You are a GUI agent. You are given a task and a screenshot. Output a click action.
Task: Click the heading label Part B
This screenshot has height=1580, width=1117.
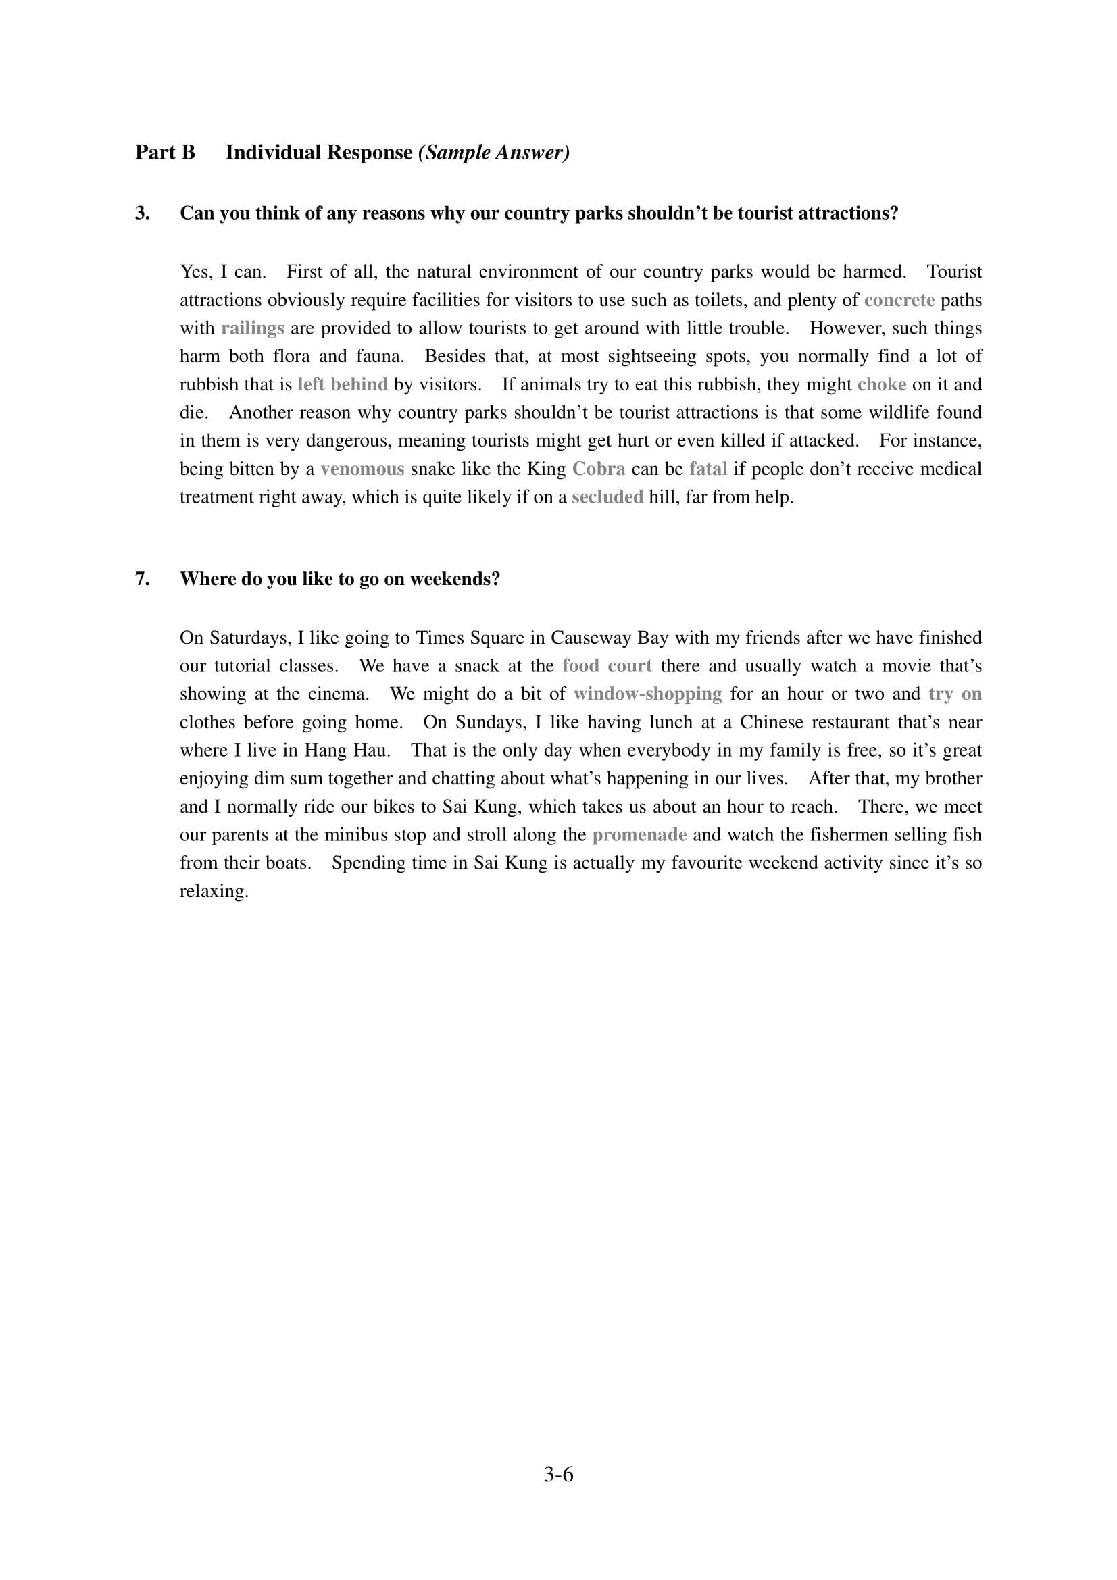coord(164,152)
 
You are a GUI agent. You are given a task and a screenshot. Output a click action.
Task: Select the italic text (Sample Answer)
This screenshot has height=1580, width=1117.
coord(493,152)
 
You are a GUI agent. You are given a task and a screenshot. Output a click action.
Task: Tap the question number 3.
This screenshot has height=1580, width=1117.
coord(142,213)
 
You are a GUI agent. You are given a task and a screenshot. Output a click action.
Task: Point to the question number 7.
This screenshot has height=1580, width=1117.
coord(142,579)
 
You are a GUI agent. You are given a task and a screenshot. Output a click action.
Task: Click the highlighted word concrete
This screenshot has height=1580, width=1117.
coord(899,300)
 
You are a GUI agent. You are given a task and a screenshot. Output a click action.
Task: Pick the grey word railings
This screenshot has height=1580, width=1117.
coord(253,328)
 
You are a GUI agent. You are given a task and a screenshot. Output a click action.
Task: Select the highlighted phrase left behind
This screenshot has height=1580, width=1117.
coord(343,384)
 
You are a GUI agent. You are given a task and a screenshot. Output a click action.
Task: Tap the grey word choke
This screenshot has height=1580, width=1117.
coord(882,384)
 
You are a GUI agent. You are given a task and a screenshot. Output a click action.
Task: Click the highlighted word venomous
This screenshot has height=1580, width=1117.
coord(362,469)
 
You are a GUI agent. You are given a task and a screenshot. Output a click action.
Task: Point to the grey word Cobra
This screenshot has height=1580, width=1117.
coord(599,469)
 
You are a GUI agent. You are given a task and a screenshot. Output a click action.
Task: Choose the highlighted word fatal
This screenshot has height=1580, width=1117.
coord(708,469)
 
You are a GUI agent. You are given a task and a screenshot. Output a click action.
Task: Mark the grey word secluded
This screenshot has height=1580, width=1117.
coord(607,498)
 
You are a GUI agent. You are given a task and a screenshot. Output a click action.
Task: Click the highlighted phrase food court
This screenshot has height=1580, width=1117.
coord(606,666)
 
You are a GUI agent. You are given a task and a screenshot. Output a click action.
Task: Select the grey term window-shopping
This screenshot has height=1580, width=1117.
coord(647,694)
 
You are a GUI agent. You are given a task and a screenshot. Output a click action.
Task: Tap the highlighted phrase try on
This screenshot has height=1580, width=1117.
coord(955,694)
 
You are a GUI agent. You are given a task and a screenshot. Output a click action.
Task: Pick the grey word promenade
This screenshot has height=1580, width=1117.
coord(639,836)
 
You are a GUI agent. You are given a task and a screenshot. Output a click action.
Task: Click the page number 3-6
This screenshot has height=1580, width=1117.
coord(558,1474)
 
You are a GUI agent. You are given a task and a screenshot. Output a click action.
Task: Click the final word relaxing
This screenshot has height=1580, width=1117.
coord(214,892)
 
